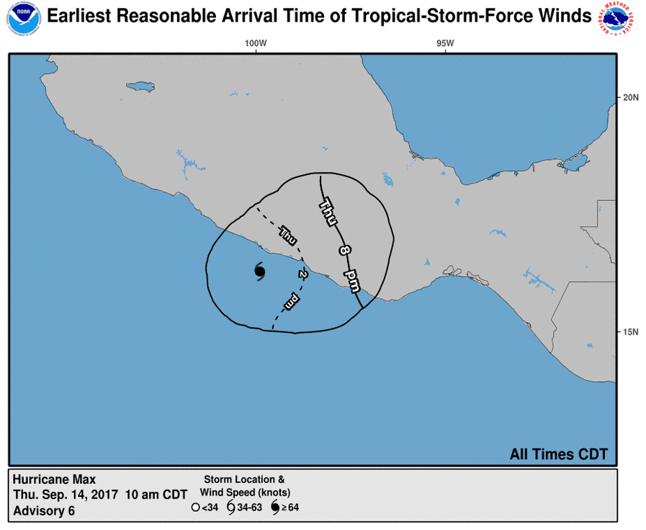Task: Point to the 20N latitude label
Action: point(630,98)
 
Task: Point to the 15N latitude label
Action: point(630,332)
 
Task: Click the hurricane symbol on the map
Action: point(260,271)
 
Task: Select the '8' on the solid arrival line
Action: point(344,250)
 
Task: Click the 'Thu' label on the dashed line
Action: point(287,234)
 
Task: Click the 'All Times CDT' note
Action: point(558,454)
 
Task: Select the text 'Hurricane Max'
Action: point(54,480)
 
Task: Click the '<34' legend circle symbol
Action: point(195,508)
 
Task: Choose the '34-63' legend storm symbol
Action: point(230,508)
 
